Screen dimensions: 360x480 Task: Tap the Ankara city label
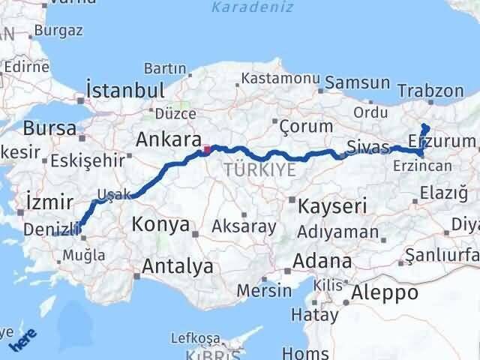tap(168, 139)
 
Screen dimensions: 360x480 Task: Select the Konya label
tap(160, 223)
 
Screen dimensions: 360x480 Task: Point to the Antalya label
tap(177, 265)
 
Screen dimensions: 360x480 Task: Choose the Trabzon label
tap(431, 91)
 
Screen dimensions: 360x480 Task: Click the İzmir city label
tap(49, 201)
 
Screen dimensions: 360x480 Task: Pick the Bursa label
tap(49, 127)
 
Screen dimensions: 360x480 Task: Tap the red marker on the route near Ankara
tap(207, 149)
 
